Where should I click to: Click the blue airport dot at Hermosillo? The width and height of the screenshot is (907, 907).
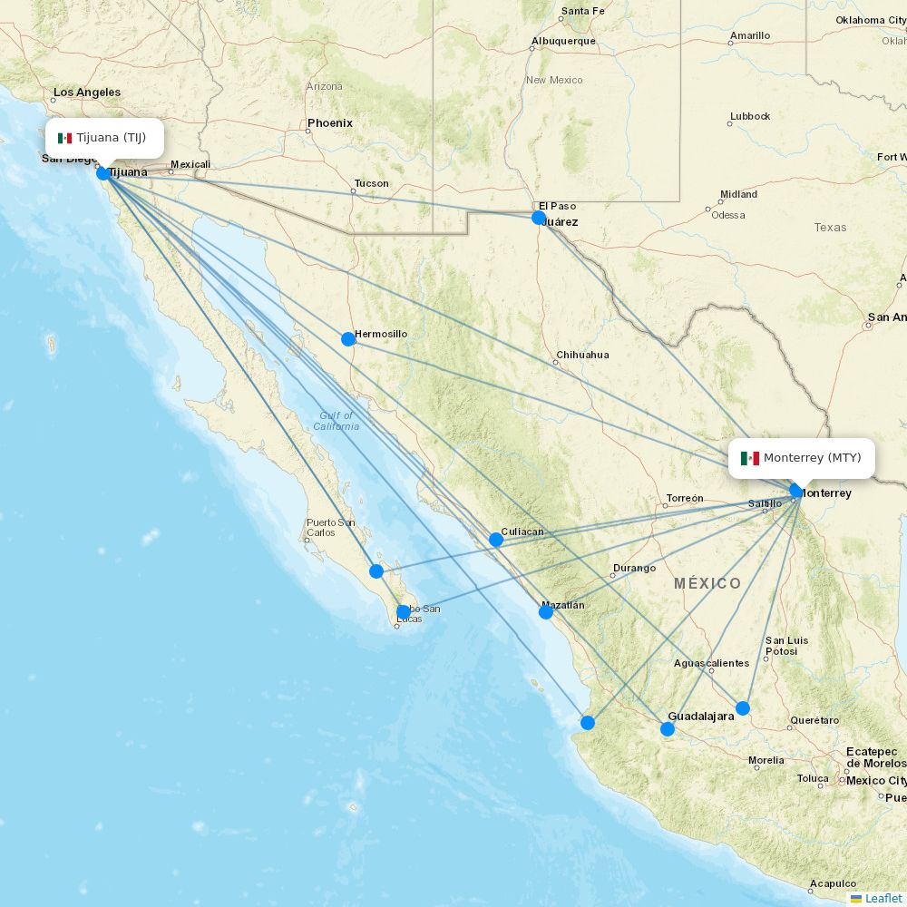pos(348,339)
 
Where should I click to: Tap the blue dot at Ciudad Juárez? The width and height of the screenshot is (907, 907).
pos(539,218)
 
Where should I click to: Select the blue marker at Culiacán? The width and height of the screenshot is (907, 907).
pos(496,540)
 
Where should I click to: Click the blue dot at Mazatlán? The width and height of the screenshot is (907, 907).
pos(546,612)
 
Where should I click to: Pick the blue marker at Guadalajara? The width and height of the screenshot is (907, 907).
pos(668,729)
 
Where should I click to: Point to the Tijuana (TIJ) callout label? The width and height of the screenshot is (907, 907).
pos(105,138)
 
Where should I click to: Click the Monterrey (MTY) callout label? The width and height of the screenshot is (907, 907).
pos(803,458)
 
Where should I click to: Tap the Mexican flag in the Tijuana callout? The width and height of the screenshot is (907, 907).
pos(64,138)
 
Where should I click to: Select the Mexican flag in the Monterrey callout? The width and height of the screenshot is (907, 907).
pos(749,458)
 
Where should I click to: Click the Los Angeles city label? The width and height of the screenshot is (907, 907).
pos(87,93)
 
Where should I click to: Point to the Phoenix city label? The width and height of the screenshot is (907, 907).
pos(330,123)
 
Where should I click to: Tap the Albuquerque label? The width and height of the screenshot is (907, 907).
pos(563,41)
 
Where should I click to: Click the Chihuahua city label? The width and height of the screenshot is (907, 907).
pos(582,355)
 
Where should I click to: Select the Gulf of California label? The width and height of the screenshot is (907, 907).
pos(336,421)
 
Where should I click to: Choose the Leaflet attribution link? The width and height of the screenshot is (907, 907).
pos(883,898)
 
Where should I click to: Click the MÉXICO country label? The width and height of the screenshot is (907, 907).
pos(707,583)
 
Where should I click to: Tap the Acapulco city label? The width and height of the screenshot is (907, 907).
pos(833,883)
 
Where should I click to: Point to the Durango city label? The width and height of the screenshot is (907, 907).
pos(634,569)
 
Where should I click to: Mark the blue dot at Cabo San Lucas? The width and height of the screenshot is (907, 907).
pos(404,612)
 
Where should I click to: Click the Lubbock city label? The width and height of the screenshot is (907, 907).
pos(749,116)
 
